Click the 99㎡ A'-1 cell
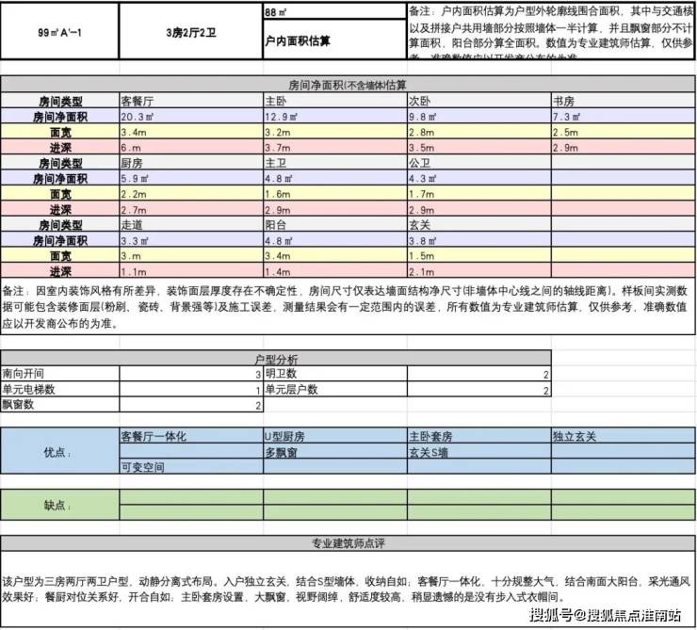coord(59,30)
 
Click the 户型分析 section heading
coord(275,360)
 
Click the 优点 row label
coord(58,452)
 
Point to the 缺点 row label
coord(58,505)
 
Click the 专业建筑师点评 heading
coord(348,544)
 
